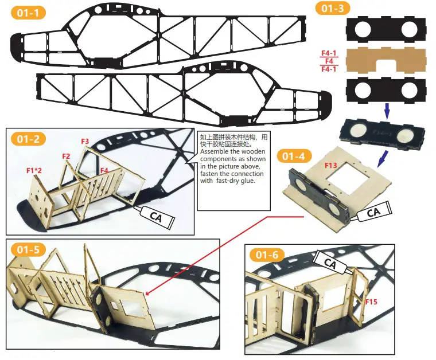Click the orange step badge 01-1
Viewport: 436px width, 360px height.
tap(28, 13)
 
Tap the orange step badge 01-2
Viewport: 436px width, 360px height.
tap(28, 139)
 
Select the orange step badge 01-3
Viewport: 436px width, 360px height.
tap(331, 8)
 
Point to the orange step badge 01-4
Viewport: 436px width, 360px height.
tap(294, 155)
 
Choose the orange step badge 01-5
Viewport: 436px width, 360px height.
tap(28, 249)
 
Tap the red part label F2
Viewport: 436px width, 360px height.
tap(66, 156)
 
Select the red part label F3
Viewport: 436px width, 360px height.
tap(85, 141)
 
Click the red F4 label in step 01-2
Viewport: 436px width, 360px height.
tap(103, 170)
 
